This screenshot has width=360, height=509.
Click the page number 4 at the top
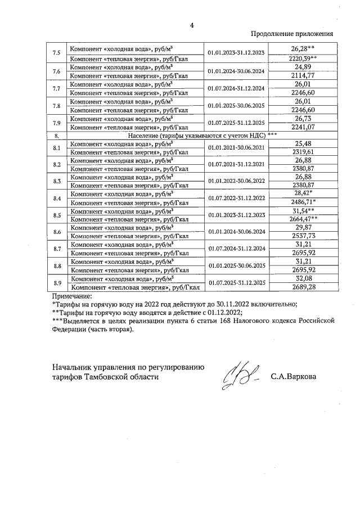tap(191, 25)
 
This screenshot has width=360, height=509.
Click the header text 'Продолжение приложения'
tap(291, 34)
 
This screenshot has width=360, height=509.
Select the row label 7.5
tap(56, 53)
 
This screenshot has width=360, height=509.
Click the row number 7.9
tap(56, 123)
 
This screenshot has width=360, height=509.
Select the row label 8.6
tap(56, 232)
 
